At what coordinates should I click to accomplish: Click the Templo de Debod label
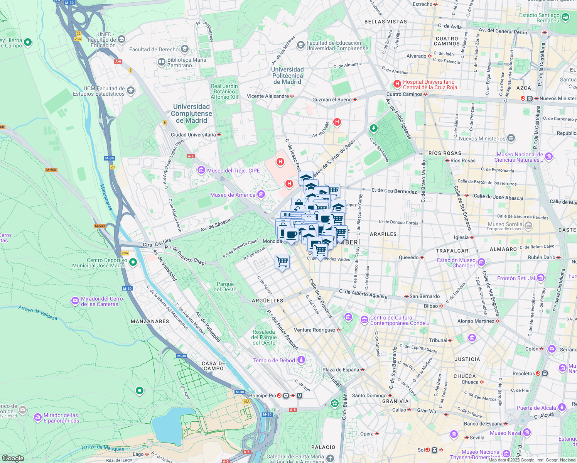click(273, 360)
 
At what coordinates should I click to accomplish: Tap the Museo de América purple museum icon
click(261, 194)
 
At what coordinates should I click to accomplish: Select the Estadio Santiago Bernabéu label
click(539, 18)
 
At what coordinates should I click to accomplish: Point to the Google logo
click(13, 458)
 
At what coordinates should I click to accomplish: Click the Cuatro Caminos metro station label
click(404, 94)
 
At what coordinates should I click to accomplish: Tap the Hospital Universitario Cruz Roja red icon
click(397, 84)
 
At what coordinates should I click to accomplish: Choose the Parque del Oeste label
click(225, 287)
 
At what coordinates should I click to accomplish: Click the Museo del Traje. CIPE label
click(233, 171)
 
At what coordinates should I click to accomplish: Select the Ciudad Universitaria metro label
click(193, 135)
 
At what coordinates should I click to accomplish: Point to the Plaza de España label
click(341, 370)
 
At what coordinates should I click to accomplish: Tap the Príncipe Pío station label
click(263, 395)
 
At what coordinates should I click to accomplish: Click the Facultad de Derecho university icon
click(184, 49)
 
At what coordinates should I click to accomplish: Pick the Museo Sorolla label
click(505, 224)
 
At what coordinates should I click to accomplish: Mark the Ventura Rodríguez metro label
click(314, 330)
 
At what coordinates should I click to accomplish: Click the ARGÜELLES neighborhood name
click(267, 301)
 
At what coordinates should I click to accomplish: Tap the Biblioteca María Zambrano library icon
click(162, 62)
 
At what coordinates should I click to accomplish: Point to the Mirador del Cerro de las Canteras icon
click(75, 301)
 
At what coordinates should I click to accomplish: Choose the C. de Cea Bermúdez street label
click(394, 191)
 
